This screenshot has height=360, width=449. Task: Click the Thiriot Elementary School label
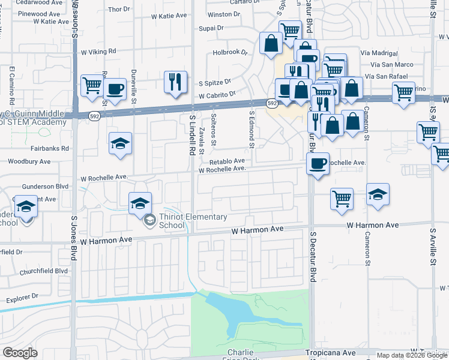click(193, 221)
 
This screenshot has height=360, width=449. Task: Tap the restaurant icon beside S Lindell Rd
click(175, 82)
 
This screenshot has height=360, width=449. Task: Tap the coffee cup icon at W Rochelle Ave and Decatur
click(318, 162)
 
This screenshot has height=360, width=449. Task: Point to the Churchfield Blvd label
click(44, 271)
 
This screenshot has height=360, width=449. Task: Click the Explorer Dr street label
click(22, 296)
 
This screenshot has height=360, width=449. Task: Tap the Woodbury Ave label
click(29, 161)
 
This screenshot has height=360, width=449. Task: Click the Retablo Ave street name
click(227, 161)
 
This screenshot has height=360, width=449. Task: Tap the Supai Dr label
click(211, 28)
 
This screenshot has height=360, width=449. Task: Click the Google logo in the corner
click(20, 353)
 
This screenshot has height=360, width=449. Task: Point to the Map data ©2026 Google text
click(412, 355)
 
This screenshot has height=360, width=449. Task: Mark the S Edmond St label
click(252, 128)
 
